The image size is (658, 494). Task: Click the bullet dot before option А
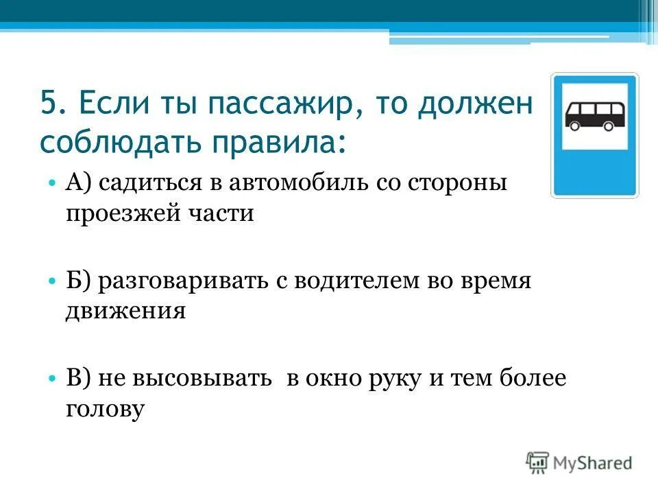tap(52, 185)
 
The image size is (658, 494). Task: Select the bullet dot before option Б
tap(52, 281)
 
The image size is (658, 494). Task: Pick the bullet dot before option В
tap(52, 379)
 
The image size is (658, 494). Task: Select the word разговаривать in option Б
tap(182, 282)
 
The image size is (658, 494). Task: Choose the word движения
tap(125, 311)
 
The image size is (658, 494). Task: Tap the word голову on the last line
tap(106, 409)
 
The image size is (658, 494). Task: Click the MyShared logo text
tap(592, 462)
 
